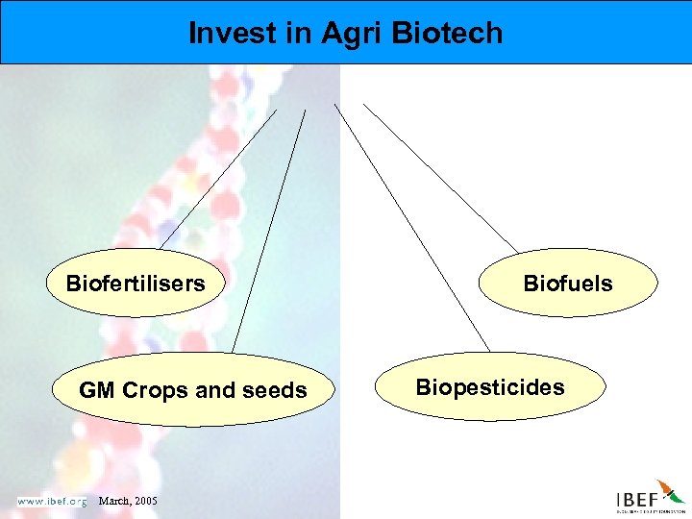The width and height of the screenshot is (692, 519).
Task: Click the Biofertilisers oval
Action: pyautogui.click(x=136, y=284)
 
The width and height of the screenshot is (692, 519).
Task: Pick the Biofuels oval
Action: pyautogui.click(x=568, y=284)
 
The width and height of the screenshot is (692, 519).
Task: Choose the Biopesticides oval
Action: pyautogui.click(x=490, y=387)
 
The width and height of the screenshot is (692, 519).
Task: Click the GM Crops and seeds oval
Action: pyautogui.click(x=192, y=390)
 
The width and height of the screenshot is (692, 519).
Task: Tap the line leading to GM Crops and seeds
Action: pyautogui.click(x=269, y=231)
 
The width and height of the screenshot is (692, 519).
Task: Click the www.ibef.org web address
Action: pyautogui.click(x=51, y=501)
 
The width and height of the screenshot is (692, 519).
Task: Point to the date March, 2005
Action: pyautogui.click(x=129, y=502)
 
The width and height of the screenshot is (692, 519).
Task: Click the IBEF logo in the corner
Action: pyautogui.click(x=650, y=498)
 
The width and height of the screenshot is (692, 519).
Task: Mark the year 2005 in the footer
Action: pyautogui.click(x=144, y=502)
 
